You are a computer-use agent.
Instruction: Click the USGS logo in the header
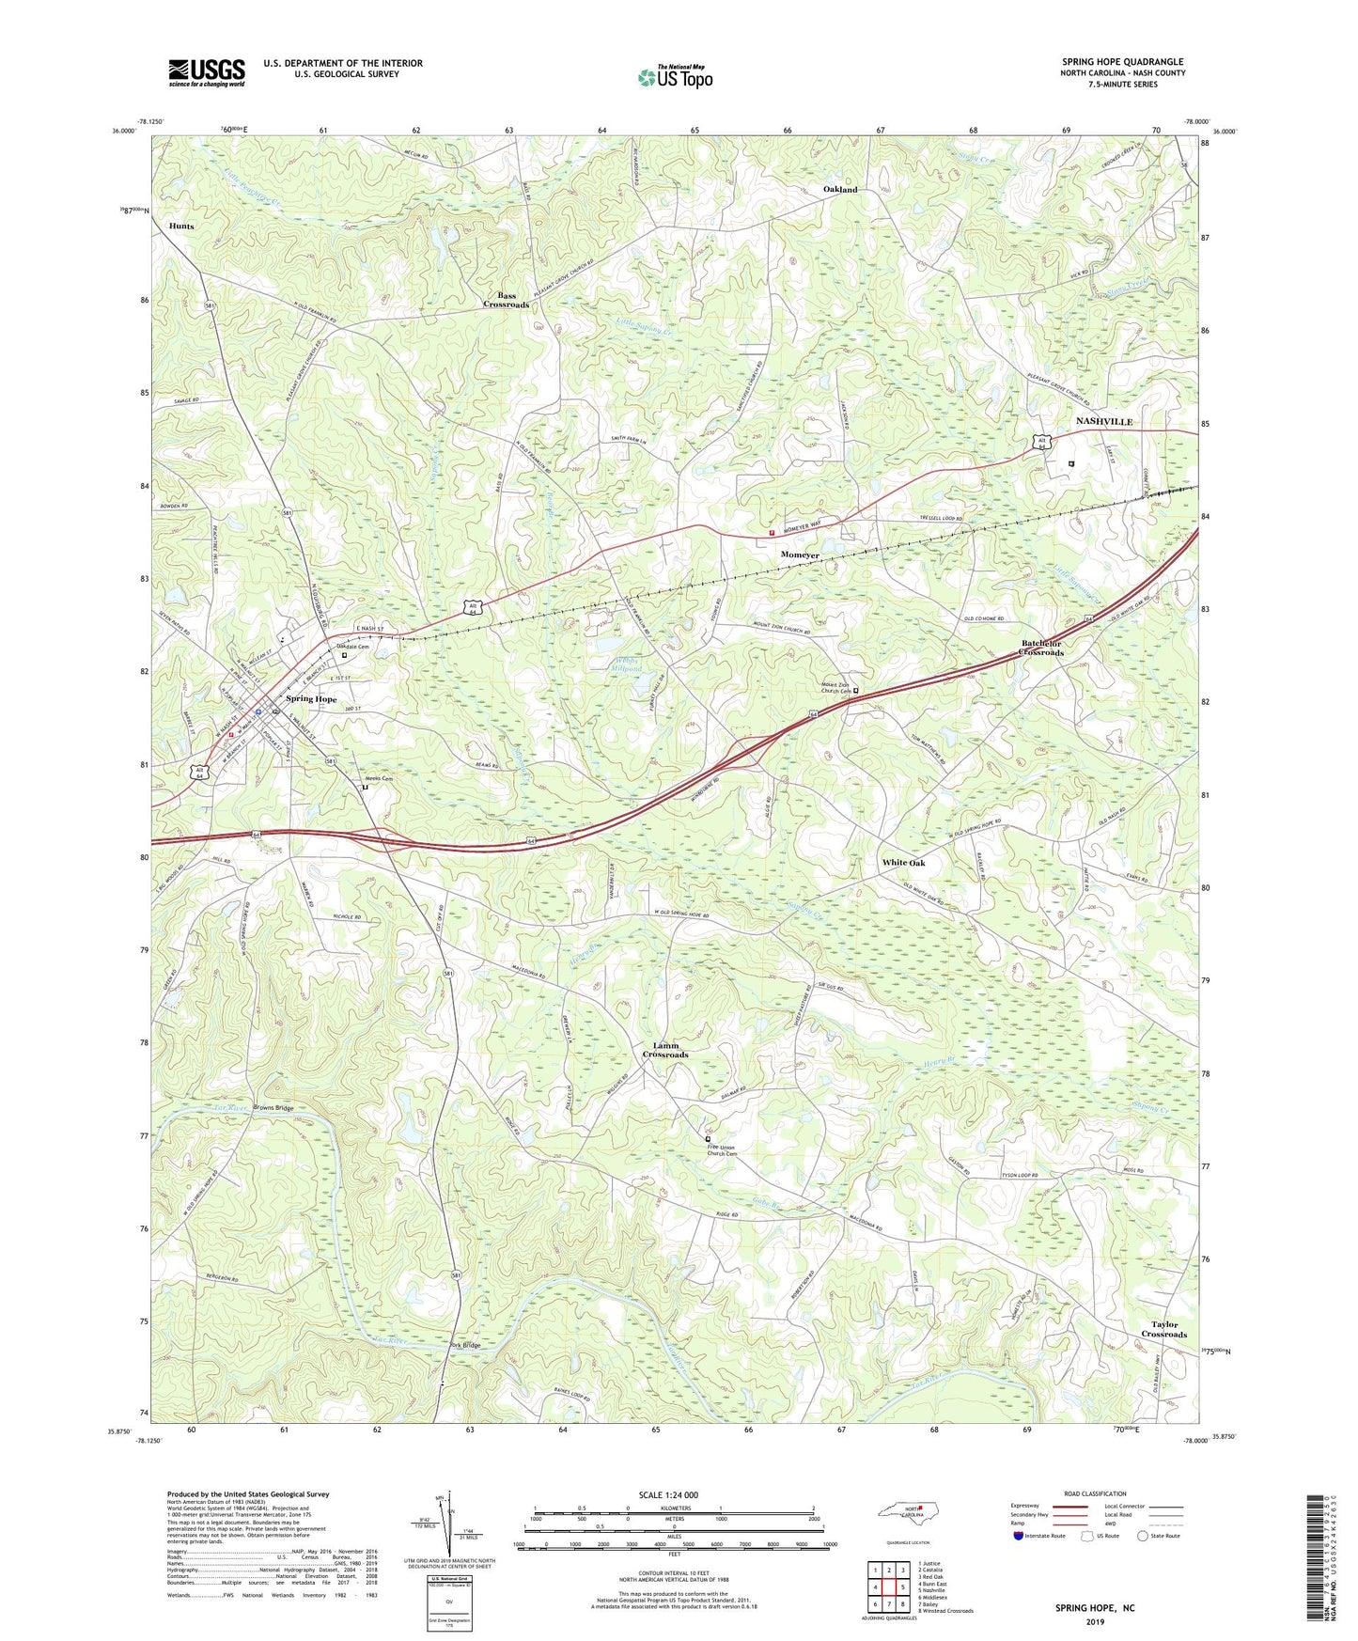pos(207,72)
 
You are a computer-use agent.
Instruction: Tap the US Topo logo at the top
pos(673,77)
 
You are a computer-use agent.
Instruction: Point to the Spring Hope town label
pos(311,699)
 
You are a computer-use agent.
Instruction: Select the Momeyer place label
pos(800,555)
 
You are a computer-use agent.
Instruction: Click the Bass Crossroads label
pos(507,300)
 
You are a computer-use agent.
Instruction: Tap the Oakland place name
pos(840,190)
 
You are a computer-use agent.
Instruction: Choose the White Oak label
pos(903,863)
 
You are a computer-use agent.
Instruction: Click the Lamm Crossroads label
pos(665,1050)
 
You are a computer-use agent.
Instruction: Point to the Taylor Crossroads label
pos(1164,1329)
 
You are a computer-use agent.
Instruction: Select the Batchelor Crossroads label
pos(1043,648)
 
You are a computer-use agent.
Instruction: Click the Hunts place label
pos(181,227)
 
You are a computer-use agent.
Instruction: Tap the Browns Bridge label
pos(273,1108)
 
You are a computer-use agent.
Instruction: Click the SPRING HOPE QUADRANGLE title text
pos(1122,62)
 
